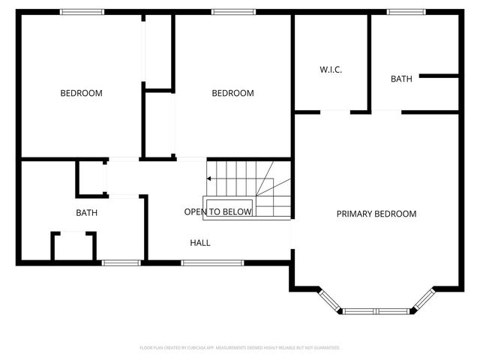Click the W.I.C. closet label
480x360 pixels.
(x=331, y=70)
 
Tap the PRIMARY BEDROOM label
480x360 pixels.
(x=376, y=214)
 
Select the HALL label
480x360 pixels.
(x=199, y=243)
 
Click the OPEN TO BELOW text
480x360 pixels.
(x=217, y=212)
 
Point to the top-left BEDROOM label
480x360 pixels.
(x=81, y=93)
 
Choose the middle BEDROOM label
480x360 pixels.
(x=232, y=93)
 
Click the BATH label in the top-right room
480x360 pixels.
(x=400, y=79)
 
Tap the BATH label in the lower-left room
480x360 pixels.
(x=86, y=212)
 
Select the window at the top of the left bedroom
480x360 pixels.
(x=82, y=11)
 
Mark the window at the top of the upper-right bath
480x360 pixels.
(x=397, y=11)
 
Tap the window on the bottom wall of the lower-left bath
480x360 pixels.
(x=121, y=262)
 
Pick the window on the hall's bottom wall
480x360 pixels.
(x=212, y=262)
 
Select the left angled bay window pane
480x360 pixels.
(x=329, y=300)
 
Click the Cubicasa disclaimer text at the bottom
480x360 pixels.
(x=240, y=348)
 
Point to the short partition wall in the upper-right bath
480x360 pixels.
(x=439, y=76)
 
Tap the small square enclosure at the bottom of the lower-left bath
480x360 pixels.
(x=73, y=246)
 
